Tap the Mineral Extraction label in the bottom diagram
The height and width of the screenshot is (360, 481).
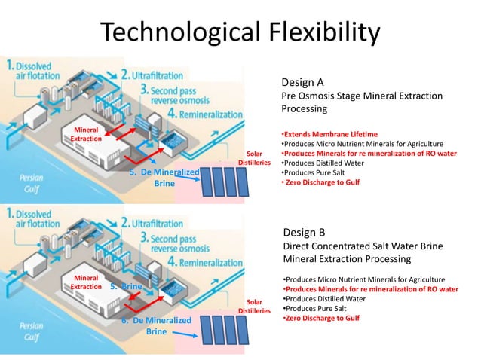point(86,282)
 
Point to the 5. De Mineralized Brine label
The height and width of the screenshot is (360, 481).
point(164,178)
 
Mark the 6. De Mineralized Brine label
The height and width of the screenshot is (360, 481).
point(156,325)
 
